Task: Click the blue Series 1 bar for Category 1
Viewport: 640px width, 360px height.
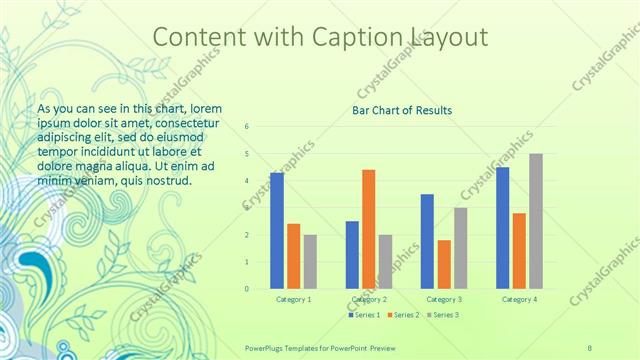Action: pyautogui.click(x=277, y=231)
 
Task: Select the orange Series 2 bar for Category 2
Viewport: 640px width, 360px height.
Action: pyautogui.click(x=368, y=229)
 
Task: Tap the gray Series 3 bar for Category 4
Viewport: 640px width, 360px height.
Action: pyautogui.click(x=536, y=221)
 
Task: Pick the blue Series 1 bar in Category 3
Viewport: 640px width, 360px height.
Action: pyautogui.click(x=427, y=241)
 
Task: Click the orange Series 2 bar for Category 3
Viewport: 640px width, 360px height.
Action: pyautogui.click(x=444, y=264)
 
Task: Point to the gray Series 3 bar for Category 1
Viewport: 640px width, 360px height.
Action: pyautogui.click(x=310, y=262)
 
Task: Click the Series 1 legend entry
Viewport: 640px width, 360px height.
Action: pyautogui.click(x=364, y=315)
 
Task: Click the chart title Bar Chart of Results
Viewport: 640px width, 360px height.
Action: pyautogui.click(x=401, y=110)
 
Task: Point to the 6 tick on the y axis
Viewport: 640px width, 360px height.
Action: pyautogui.click(x=247, y=127)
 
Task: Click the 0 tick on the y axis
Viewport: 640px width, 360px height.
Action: pyautogui.click(x=247, y=289)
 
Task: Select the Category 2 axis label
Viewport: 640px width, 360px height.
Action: pyautogui.click(x=369, y=299)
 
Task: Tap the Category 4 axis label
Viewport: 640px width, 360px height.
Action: pyautogui.click(x=519, y=299)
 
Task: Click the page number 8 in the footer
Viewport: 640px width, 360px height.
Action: pyautogui.click(x=590, y=346)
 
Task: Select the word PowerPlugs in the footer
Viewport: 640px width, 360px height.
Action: pyautogui.click(x=267, y=346)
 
